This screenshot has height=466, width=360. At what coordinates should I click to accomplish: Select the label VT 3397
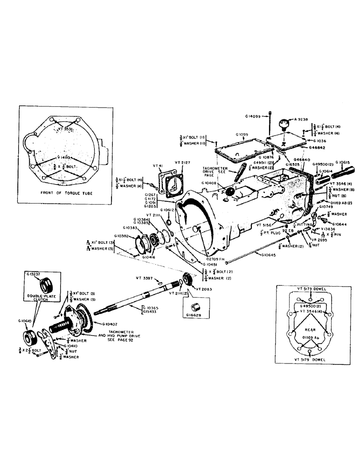pyautogui.click(x=145, y=278)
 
